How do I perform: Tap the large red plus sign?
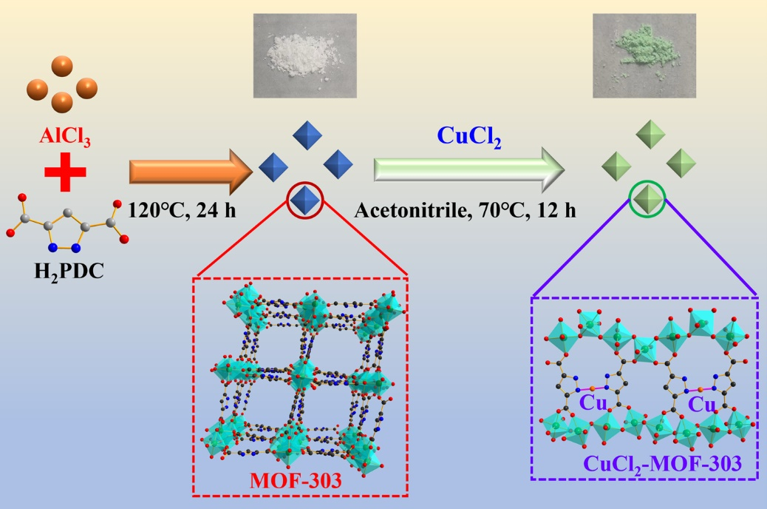click(x=65, y=172)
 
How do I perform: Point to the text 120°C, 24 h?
click(x=183, y=210)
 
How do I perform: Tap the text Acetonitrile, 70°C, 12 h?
click(x=466, y=210)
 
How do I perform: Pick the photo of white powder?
click(x=304, y=56)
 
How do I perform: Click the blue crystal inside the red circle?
click(x=304, y=200)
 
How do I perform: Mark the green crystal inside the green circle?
click(x=647, y=199)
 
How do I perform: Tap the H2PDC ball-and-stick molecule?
click(x=67, y=220)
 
